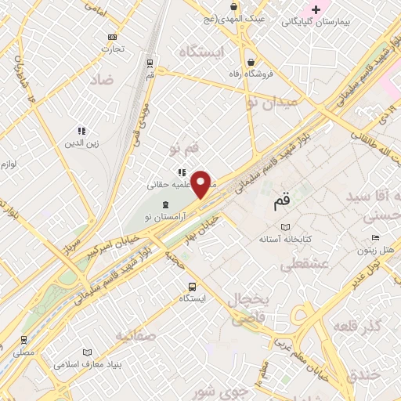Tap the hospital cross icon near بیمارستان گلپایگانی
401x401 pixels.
316,9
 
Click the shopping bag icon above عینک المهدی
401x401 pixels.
235,5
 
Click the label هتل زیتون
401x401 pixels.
375,251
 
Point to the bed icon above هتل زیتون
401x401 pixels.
376,238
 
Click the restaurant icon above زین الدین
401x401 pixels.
81,131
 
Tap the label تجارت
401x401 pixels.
113,49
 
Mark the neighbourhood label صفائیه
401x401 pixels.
132,336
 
